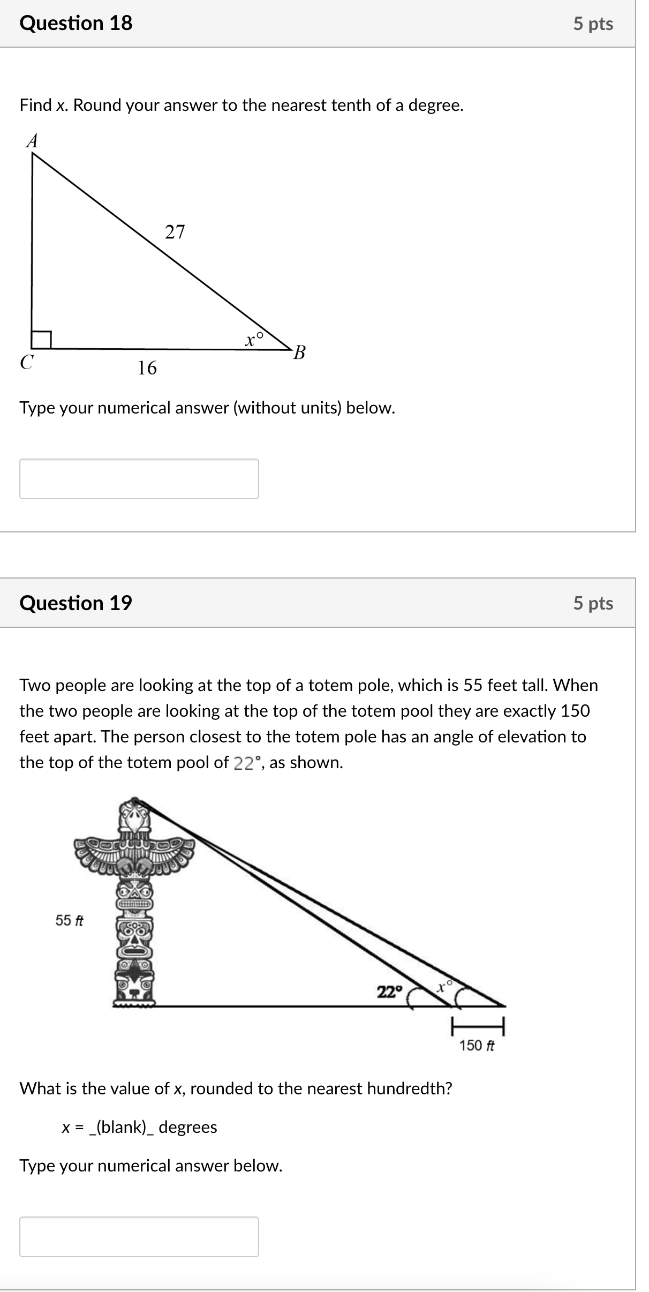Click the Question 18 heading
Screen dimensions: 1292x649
(76, 23)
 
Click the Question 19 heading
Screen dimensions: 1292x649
(76, 603)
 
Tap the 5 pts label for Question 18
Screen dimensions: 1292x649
(593, 24)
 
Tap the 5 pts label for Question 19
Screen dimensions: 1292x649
(593, 603)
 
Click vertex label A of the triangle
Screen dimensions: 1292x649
(32, 141)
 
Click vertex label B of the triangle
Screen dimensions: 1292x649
(300, 352)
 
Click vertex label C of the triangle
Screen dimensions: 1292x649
(26, 362)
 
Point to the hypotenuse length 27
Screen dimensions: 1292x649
(175, 232)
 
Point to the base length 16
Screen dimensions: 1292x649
(147, 368)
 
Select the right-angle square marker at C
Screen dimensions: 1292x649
(41, 340)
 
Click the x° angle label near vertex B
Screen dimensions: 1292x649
(254, 339)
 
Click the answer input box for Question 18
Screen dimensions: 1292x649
(139, 478)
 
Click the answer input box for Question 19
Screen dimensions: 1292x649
(139, 1236)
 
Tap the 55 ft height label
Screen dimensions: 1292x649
(69, 920)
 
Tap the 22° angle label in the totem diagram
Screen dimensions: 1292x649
(389, 991)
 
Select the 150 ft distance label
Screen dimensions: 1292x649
(477, 1045)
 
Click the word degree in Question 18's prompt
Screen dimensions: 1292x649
(434, 106)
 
